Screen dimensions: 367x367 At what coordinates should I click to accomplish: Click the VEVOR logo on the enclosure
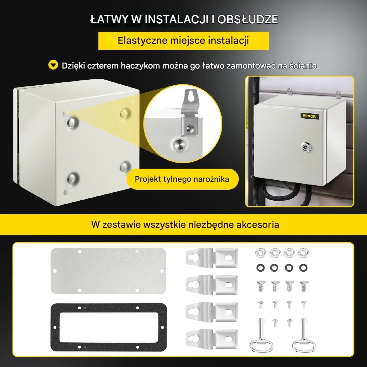(x=309, y=116)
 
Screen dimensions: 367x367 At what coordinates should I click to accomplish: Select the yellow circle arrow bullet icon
(x=53, y=65)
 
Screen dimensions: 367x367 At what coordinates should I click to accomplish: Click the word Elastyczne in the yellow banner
(x=142, y=40)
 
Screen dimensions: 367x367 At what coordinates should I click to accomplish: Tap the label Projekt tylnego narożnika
(x=182, y=179)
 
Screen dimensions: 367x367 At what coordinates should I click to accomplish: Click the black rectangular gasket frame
(x=108, y=327)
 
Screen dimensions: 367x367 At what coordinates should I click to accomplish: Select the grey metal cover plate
(x=108, y=271)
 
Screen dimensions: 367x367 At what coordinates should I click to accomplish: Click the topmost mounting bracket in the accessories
(x=212, y=258)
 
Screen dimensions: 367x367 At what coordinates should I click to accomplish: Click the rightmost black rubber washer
(x=303, y=268)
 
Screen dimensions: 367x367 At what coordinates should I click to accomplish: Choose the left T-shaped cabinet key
(x=261, y=335)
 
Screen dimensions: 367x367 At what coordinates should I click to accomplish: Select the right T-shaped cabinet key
(x=304, y=335)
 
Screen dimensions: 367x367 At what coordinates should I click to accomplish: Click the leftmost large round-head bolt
(x=261, y=286)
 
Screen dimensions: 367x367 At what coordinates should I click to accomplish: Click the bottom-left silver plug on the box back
(x=73, y=178)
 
